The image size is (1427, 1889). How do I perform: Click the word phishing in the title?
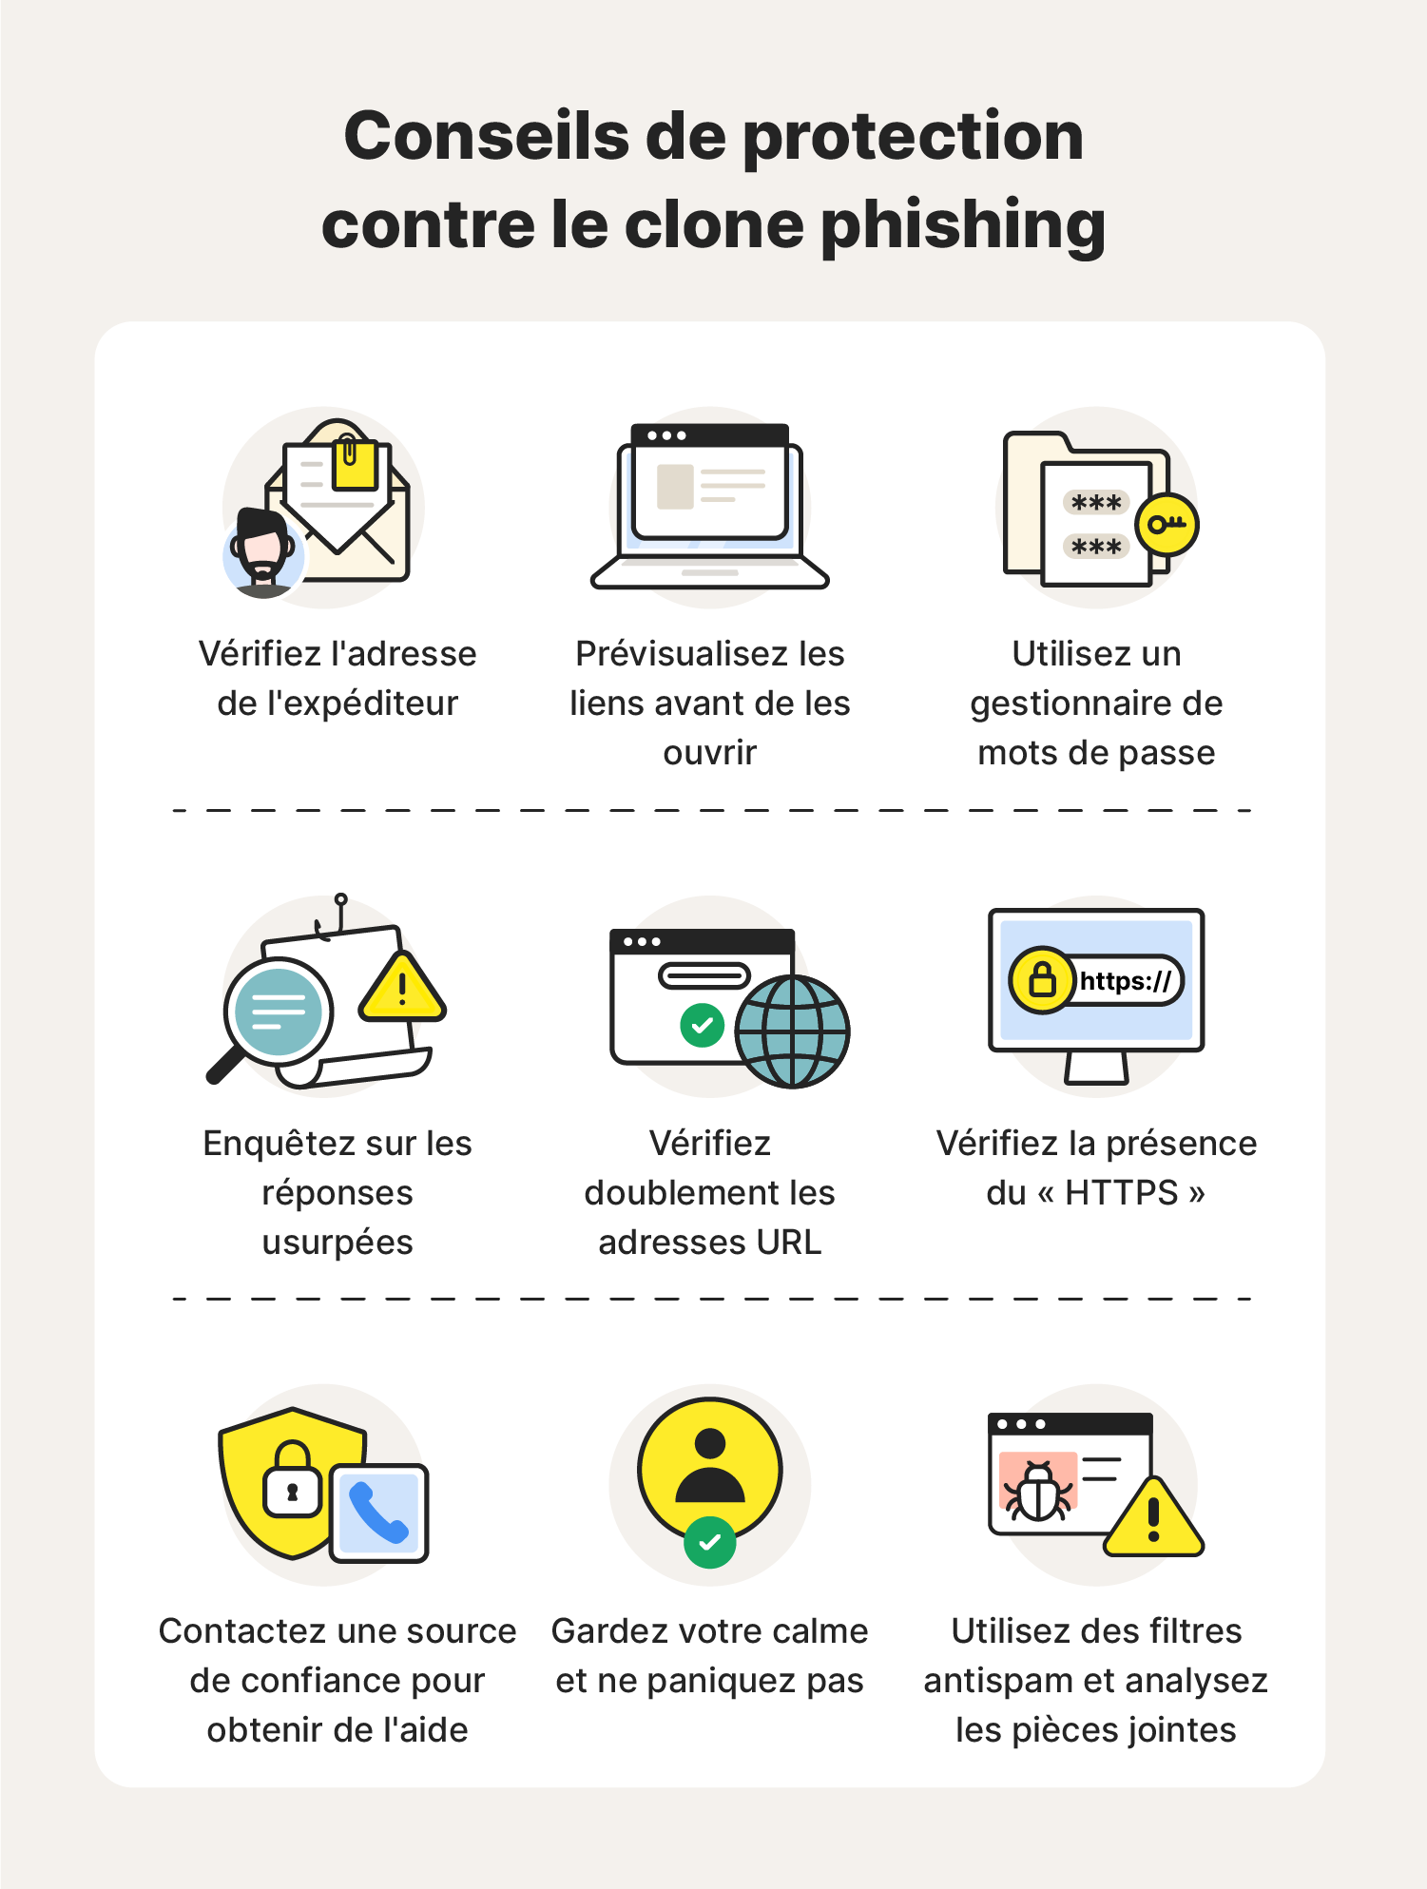click(x=962, y=225)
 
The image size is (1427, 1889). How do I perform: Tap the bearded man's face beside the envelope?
click(x=261, y=549)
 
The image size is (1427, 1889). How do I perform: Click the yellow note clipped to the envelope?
click(x=354, y=463)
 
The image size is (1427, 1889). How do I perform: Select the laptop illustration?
click(x=709, y=505)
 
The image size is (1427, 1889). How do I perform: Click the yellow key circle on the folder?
click(x=1167, y=524)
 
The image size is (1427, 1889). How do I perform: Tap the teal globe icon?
click(x=792, y=1031)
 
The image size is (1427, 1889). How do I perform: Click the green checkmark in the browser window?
click(x=703, y=1025)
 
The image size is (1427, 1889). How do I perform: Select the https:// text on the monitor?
click(x=1126, y=980)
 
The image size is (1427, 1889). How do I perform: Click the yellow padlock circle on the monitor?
click(x=1042, y=979)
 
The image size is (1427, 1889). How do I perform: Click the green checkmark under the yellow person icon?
click(x=709, y=1542)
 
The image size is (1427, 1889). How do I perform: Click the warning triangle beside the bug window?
click(x=1153, y=1518)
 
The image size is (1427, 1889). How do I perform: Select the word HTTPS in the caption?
click(x=1122, y=1192)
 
